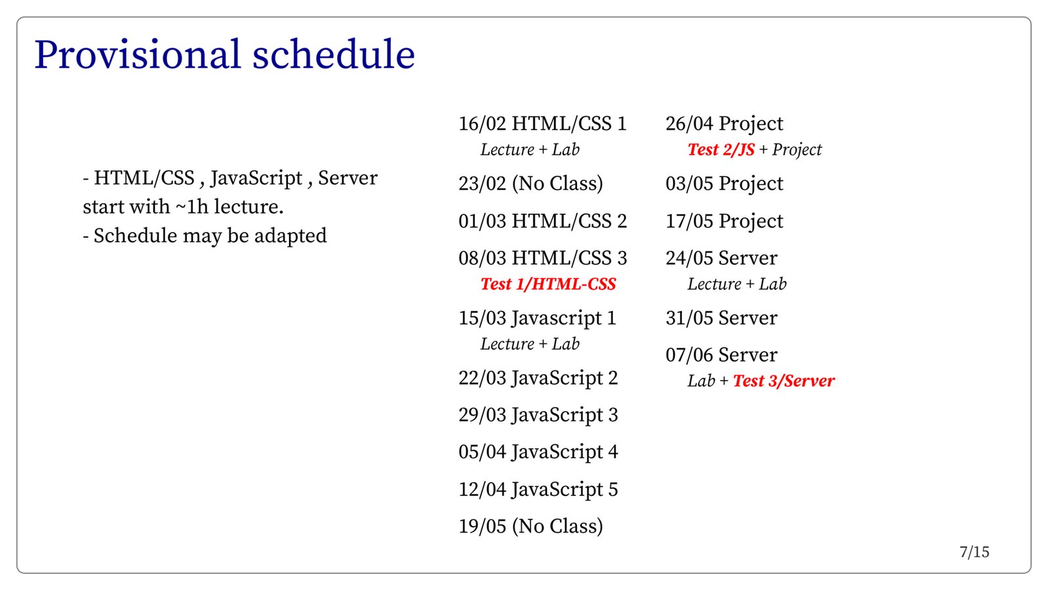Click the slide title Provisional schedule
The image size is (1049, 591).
[x=225, y=55]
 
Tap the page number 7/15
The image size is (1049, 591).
[x=974, y=552]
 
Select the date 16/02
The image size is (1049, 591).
[x=483, y=124]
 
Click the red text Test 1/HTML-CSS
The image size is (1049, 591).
[x=548, y=284]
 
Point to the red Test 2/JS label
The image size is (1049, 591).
[x=721, y=150]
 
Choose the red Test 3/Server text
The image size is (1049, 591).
[x=784, y=381]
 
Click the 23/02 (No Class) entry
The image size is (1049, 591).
[x=530, y=183]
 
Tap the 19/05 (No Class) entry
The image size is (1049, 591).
[x=530, y=526]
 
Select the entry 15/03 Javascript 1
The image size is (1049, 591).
[x=537, y=318]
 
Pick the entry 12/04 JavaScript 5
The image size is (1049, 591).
[x=538, y=489]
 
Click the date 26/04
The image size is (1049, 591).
[x=689, y=124]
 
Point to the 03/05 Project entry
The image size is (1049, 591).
[x=724, y=184]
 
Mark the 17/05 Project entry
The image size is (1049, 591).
[x=724, y=221]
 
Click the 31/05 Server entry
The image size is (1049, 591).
[x=721, y=318]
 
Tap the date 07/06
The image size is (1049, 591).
[x=689, y=355]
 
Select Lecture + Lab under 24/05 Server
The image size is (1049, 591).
[x=737, y=284]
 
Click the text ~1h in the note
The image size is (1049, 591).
[x=191, y=207]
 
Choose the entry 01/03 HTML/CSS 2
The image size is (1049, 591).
[x=543, y=221]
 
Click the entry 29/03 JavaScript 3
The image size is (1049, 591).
[x=538, y=415]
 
